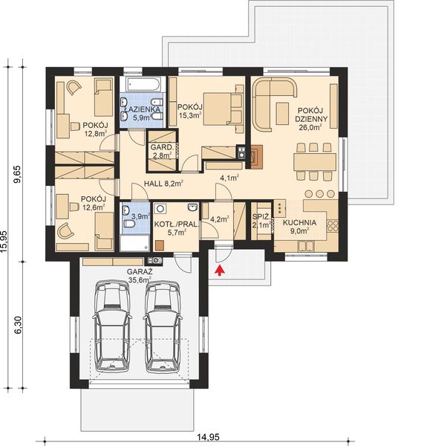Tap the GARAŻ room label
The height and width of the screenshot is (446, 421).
pyautogui.click(x=139, y=273)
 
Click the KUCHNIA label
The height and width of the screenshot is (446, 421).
pyautogui.click(x=301, y=222)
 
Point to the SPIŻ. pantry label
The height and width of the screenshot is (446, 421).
pyautogui.click(x=260, y=217)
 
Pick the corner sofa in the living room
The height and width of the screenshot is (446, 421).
pyautogui.click(x=270, y=104)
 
